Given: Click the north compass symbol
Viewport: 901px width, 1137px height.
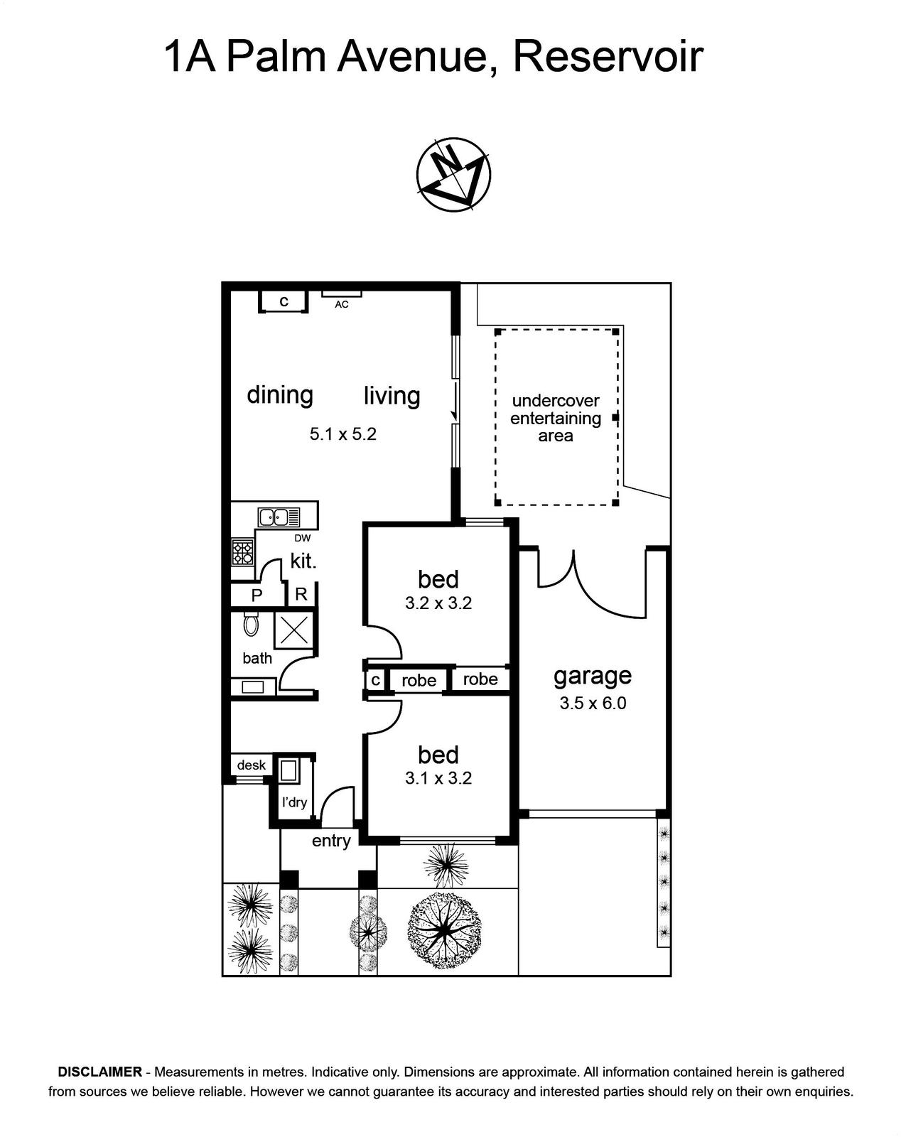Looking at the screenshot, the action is pos(453,175).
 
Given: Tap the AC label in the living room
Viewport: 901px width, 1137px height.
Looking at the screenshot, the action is pos(342,304).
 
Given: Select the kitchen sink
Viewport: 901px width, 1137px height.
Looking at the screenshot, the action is pos(279,517).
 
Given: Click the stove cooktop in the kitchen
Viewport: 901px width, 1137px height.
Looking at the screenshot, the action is pos(242,552).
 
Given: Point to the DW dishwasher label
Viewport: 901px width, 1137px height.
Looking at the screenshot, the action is pos(303,539).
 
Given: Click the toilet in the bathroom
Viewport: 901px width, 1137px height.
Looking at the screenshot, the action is pos(251,624).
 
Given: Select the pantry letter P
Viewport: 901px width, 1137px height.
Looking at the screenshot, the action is pos(257,596).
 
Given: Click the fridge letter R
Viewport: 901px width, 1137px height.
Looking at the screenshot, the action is pos(301,594).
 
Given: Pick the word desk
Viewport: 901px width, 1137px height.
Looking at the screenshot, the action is pos(251,765).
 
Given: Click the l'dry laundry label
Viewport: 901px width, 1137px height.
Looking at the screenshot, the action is pos(294,802).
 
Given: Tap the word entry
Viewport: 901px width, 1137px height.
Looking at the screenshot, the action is pos(331,841).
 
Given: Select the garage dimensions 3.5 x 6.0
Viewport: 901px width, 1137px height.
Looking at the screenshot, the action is pos(593,704).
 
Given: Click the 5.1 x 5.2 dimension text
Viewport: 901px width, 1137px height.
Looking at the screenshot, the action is pos(343,434).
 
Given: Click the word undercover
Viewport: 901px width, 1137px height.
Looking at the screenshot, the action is pos(556,401).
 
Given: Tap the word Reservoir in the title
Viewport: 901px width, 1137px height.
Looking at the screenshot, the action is pos(609,57).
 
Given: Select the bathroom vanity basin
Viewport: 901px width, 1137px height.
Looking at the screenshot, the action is pos(252,687).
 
